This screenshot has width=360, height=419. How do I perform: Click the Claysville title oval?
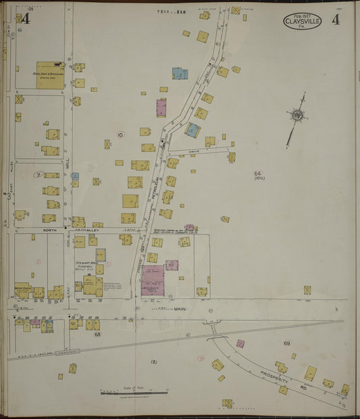(x=302, y=21)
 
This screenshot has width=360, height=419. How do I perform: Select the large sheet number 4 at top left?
(x=26, y=18)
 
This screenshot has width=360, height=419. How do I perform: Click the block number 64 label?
(x=257, y=174)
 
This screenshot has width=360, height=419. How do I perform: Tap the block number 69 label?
(x=286, y=343)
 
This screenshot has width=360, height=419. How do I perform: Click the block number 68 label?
(x=97, y=334)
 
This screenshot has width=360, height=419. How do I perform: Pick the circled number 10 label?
(x=120, y=135)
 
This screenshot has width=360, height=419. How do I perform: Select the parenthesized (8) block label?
(x=154, y=362)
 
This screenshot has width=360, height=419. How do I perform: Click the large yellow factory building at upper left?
(x=51, y=76)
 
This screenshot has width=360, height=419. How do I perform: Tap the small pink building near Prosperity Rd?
(x=240, y=343)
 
